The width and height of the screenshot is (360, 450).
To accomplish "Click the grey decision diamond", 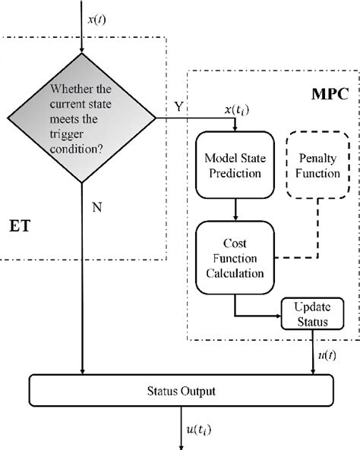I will (x=81, y=118).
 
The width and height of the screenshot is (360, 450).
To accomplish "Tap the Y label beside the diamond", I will (x=179, y=108).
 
